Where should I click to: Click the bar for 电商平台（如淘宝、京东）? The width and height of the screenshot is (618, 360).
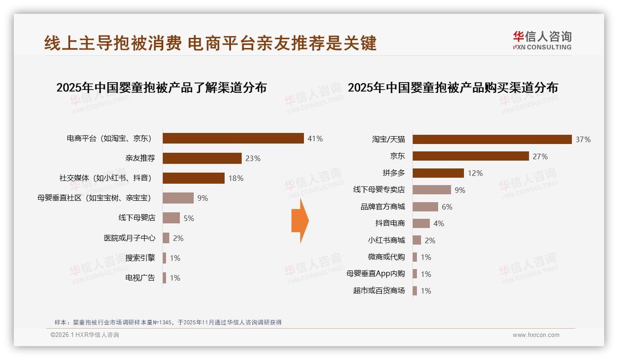pyautogui.click(x=233, y=138)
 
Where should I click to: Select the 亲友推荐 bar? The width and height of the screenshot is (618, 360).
pyautogui.click(x=202, y=158)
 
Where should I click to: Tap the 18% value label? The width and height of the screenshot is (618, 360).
pyautogui.click(x=236, y=178)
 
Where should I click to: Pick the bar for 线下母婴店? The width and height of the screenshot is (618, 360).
pyautogui.click(x=171, y=218)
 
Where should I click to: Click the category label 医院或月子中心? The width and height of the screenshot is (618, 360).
pyautogui.click(x=130, y=238)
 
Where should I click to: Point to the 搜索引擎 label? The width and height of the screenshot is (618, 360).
pyautogui.click(x=140, y=258)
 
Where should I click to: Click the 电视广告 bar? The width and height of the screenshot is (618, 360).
pyautogui.click(x=164, y=278)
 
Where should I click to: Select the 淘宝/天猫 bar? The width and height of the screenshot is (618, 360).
pyautogui.click(x=492, y=139)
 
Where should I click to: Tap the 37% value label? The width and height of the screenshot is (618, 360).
pyautogui.click(x=583, y=139)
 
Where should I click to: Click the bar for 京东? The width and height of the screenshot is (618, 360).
pyautogui.click(x=470, y=156)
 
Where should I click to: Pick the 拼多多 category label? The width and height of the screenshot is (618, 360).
pyautogui.click(x=393, y=173)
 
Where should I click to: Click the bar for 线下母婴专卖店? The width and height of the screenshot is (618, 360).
pyautogui.click(x=432, y=190)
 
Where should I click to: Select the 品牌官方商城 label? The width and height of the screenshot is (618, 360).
pyautogui.click(x=383, y=207)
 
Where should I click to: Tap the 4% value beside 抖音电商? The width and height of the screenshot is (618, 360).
pyautogui.click(x=439, y=223)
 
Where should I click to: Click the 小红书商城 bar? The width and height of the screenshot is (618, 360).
pyautogui.click(x=417, y=240)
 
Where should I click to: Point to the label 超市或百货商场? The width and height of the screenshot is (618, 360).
pyautogui.click(x=379, y=291)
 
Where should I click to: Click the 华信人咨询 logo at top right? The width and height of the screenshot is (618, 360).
pyautogui.click(x=542, y=40)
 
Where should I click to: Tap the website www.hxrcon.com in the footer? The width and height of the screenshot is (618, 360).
pyautogui.click(x=536, y=335)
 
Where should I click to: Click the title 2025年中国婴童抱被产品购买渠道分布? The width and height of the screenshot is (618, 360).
pyautogui.click(x=453, y=87)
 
